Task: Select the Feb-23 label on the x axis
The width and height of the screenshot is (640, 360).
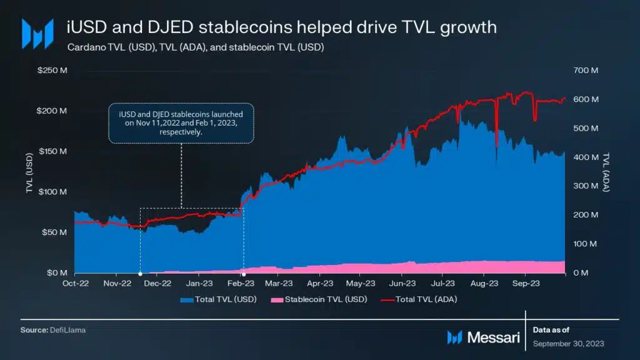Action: pyautogui.click(x=239, y=283)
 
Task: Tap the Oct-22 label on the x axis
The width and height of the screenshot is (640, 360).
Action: pyautogui.click(x=75, y=283)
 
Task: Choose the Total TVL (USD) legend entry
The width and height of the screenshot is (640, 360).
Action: pyautogui.click(x=212, y=299)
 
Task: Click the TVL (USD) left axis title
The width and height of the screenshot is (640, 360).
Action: pyautogui.click(x=29, y=172)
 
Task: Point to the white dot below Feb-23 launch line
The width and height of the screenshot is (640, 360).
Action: pyautogui.click(x=244, y=274)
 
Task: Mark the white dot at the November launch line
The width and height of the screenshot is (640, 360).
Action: pyautogui.click(x=139, y=274)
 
